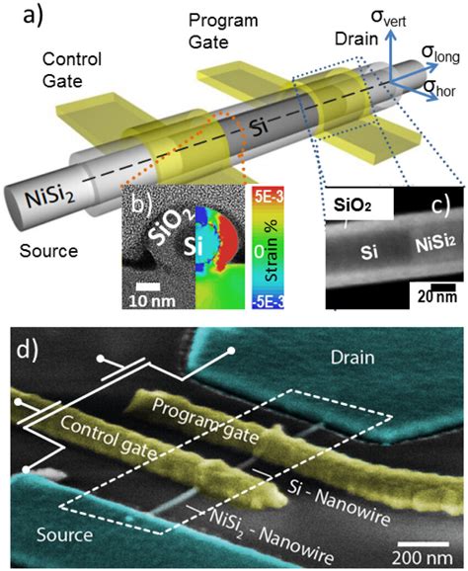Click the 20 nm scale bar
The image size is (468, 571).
pos(425,296)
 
